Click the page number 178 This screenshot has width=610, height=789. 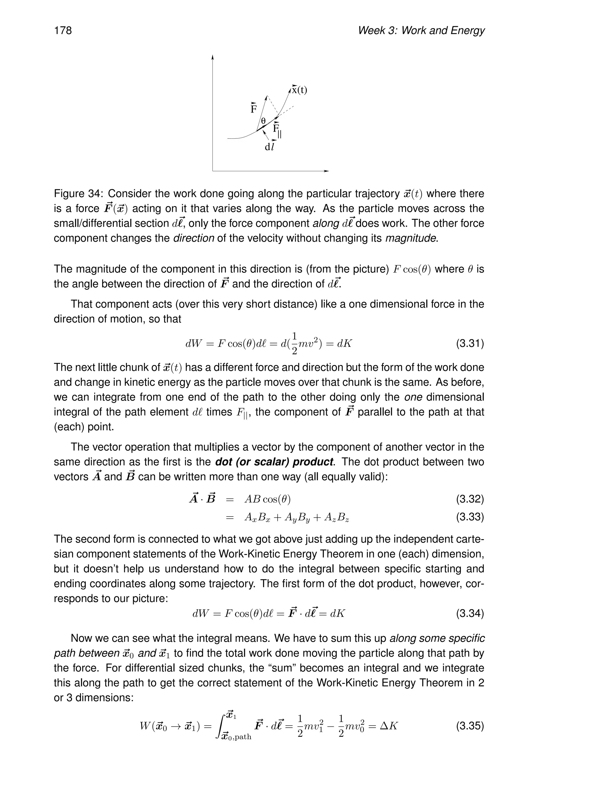[x=63, y=31]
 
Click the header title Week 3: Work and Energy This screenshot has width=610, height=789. [x=421, y=31]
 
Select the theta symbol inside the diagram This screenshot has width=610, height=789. [x=263, y=121]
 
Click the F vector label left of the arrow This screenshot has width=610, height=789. [x=254, y=108]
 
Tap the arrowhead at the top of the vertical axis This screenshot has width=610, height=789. [x=212, y=57]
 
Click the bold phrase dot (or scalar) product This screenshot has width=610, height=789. [x=274, y=462]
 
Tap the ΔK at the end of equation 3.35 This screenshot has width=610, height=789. [x=388, y=726]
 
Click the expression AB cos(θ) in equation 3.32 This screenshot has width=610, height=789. [x=267, y=499]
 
